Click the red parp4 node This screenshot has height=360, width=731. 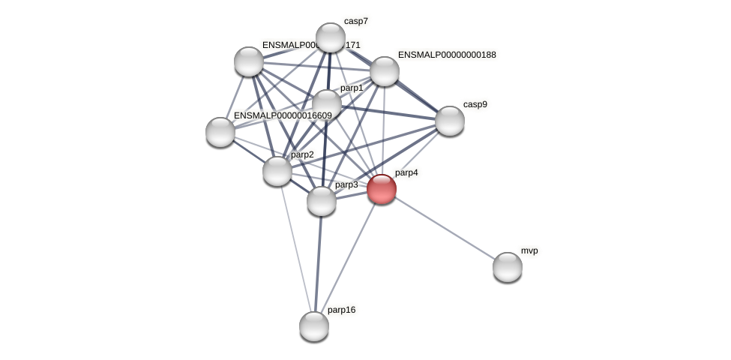coord(382,189)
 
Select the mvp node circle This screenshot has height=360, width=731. coord(508,267)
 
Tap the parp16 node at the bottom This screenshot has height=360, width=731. coord(314,326)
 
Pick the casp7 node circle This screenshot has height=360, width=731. coord(331,37)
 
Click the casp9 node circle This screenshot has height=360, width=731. coord(450,121)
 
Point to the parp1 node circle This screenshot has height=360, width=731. coord(327,104)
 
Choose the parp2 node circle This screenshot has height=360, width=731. coord(277,171)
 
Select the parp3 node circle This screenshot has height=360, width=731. coord(322,201)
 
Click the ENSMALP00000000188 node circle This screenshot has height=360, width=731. coord(385,71)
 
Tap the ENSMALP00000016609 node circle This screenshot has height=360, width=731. coord(220,132)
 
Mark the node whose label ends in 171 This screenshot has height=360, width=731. coord(249,61)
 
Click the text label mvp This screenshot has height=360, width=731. coord(529,250)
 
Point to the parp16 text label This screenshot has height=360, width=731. coord(341,310)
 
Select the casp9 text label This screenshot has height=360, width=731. coord(475,104)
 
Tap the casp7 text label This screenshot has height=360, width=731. coord(356,21)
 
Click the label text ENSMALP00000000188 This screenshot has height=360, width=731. coord(447,55)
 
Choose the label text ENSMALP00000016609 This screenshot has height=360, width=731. coord(283,115)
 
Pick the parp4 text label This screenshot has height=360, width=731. coord(406,172)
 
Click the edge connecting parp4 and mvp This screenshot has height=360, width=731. coord(445,228)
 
